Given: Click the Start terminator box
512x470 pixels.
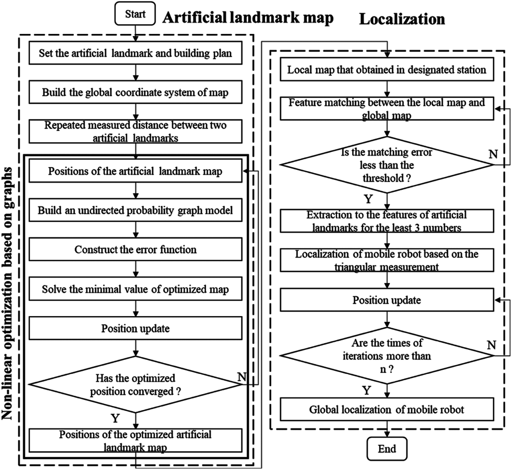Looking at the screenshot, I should tap(135, 14).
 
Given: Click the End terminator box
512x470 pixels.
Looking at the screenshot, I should tap(386, 449).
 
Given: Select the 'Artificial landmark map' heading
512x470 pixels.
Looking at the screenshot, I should tap(248, 18).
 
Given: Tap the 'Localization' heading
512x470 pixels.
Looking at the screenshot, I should tap(401, 19).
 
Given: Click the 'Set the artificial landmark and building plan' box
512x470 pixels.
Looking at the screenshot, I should tap(135, 53).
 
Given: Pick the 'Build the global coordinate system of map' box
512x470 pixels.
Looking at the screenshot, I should tap(135, 92).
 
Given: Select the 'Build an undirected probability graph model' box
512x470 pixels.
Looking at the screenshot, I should tap(135, 210).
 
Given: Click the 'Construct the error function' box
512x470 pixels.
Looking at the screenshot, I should tap(135, 249).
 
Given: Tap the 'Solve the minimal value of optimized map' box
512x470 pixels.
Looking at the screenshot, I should tap(135, 289).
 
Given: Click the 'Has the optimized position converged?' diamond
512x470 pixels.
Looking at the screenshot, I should tap(135, 385).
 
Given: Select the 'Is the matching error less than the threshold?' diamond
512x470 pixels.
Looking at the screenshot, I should tap(386, 165).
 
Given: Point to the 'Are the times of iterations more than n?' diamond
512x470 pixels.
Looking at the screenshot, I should tap(386, 356).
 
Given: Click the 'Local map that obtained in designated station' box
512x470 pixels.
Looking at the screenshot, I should tap(386, 70).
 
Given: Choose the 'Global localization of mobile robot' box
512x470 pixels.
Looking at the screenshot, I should tap(386, 410).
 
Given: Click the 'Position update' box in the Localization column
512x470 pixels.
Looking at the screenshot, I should tap(386, 301).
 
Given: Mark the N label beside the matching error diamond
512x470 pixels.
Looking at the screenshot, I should tap(493, 154).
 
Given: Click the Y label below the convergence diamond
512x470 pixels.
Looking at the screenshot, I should tap(115, 418).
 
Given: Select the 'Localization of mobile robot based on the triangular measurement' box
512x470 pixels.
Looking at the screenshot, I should tap(386, 260).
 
